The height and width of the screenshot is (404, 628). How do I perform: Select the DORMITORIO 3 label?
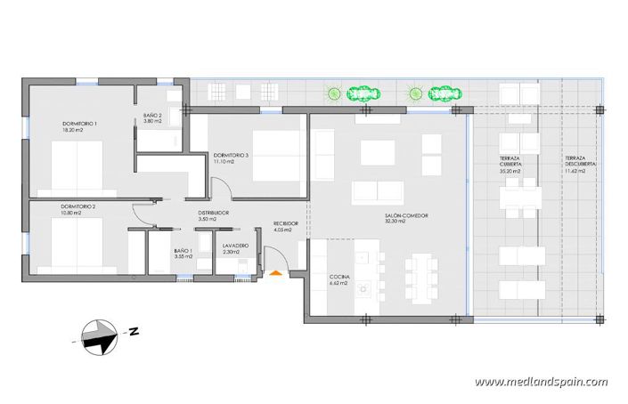point(231,156)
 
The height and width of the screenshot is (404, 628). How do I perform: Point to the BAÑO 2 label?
point(153,115)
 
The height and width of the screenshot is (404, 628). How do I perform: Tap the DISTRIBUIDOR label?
point(214,214)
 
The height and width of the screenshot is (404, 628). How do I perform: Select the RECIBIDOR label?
point(285,222)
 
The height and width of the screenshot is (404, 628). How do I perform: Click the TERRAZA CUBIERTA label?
point(510,160)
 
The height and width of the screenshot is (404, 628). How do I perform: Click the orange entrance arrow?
point(277,274)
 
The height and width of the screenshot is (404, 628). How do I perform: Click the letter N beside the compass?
point(132,332)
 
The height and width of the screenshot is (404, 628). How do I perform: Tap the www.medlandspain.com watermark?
point(541,382)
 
